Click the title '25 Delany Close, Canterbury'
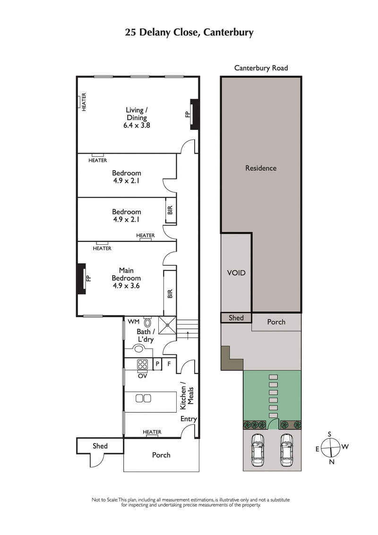189,33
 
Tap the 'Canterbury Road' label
261,68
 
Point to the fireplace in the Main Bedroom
82,278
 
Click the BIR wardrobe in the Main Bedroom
170,293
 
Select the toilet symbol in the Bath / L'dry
148,323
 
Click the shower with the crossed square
167,325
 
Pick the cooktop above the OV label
143,364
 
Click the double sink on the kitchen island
143,398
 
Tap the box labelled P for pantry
158,364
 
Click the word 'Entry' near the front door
189,419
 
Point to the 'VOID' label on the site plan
236,273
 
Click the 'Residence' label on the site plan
261,168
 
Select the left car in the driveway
258,449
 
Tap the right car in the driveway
286,449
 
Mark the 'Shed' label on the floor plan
100,446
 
